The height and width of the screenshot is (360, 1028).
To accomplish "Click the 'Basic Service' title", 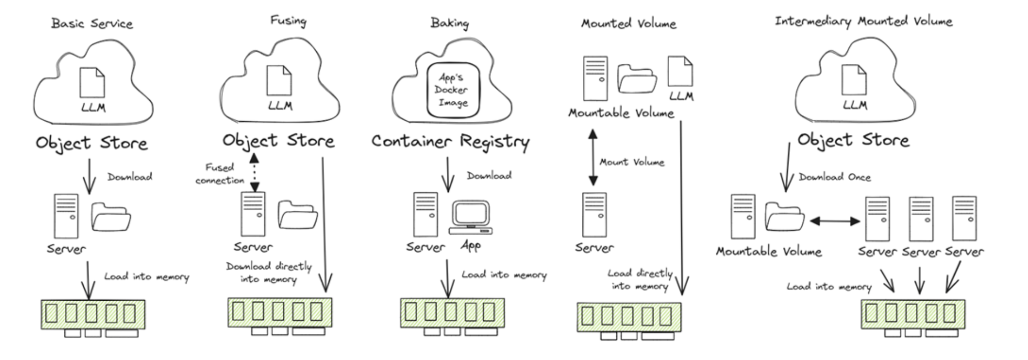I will (x=92, y=24).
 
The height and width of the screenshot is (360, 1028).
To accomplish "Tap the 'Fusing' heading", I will (x=288, y=21).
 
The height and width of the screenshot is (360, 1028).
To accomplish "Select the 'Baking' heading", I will (x=449, y=23).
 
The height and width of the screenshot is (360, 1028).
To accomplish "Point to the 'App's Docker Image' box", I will (x=453, y=90).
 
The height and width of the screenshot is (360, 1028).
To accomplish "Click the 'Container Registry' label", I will (x=450, y=142).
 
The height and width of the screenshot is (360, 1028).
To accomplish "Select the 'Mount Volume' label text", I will (x=632, y=162).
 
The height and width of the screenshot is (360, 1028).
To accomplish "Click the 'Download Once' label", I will (x=834, y=177).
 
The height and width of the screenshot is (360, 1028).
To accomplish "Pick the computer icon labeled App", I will (x=471, y=218).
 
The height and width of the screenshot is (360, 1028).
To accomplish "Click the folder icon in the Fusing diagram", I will (x=297, y=215).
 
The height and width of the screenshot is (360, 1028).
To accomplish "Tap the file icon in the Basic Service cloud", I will (x=92, y=82).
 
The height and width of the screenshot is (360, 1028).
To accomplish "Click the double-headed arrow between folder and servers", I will (x=834, y=221).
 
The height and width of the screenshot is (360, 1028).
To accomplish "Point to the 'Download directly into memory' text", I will (x=269, y=273).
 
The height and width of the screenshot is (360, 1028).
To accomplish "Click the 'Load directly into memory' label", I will (x=640, y=279).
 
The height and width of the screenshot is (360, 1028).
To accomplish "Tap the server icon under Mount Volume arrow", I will (x=594, y=215).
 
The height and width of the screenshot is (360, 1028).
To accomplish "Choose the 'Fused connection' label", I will (x=220, y=174).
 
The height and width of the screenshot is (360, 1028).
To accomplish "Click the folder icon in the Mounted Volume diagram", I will (x=637, y=79).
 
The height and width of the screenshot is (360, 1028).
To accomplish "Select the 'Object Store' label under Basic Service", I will (x=92, y=143).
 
